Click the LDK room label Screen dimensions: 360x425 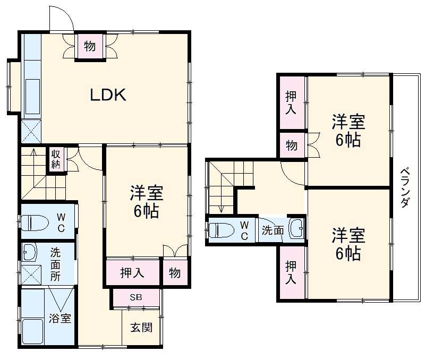(107, 95)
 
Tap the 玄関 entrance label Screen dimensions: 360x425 (141, 327)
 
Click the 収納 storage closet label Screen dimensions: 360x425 (56, 159)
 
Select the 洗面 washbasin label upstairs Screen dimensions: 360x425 (272, 230)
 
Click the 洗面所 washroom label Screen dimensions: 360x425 (55, 262)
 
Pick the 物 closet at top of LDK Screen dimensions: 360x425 (90, 47)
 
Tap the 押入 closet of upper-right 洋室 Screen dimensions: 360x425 (291, 103)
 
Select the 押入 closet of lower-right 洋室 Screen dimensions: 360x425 (291, 272)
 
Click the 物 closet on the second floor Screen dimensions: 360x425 (292, 145)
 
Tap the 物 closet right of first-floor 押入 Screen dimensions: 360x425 (175, 273)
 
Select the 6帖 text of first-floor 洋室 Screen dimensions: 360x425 (146, 212)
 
